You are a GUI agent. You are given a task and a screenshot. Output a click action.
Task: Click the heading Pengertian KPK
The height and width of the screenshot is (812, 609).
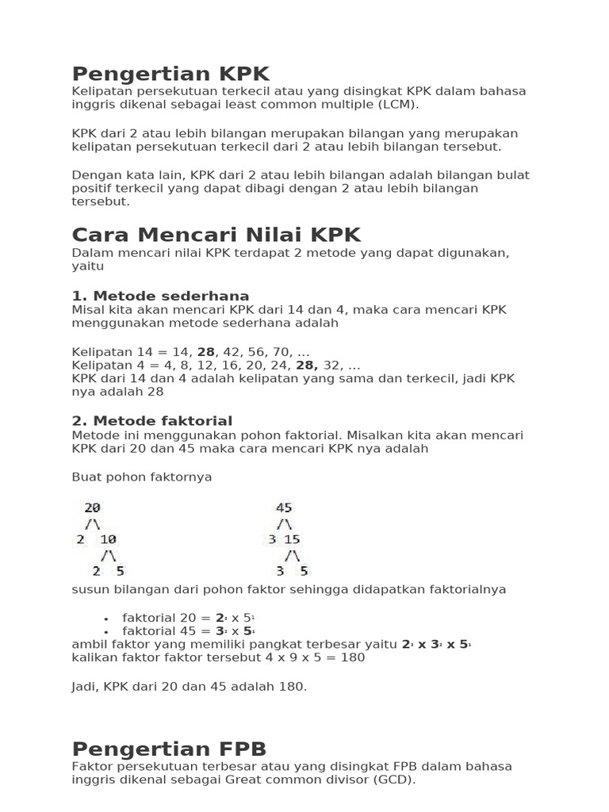[170, 74]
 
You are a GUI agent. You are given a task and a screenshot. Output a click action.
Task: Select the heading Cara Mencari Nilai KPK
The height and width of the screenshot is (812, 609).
[216, 235]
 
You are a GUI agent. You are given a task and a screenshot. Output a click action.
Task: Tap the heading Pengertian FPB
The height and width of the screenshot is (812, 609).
[169, 749]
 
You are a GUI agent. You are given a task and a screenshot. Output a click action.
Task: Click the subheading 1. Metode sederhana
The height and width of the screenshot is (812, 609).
[160, 296]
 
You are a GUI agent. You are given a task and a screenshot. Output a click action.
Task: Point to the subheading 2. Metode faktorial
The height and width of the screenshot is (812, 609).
[152, 421]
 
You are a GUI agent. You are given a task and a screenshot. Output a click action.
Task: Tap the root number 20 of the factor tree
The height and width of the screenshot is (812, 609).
[92, 507]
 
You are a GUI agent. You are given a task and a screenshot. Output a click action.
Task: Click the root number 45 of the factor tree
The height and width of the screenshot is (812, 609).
[284, 507]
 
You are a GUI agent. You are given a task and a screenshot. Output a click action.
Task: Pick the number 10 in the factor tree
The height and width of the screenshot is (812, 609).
[108, 539]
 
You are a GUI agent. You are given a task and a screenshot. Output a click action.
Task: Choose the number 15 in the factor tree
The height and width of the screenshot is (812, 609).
[293, 539]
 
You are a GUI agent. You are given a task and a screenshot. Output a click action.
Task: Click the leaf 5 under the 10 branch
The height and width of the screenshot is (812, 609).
[120, 570]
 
